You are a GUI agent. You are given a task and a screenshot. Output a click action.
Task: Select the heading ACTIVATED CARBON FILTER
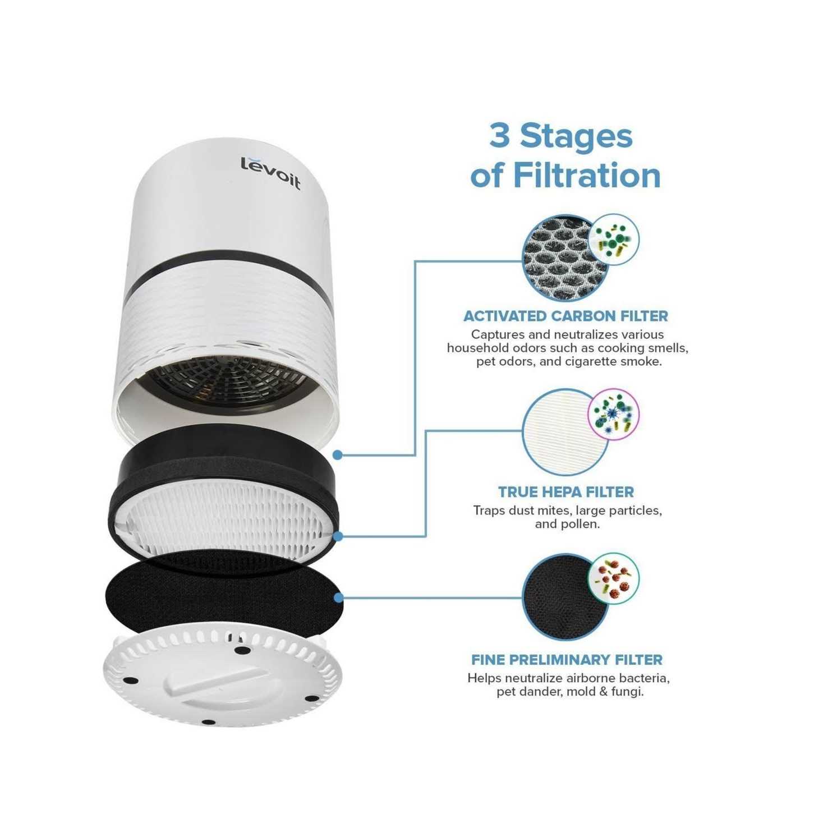566,316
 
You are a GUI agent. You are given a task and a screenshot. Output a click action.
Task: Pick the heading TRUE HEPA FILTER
566,492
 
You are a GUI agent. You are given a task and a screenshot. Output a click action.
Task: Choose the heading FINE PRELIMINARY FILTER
567,659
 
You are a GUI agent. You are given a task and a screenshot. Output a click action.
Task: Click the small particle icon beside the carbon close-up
614,240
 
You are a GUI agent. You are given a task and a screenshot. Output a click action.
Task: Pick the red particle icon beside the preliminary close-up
614,579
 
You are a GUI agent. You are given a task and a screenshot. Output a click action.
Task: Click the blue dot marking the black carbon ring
338,456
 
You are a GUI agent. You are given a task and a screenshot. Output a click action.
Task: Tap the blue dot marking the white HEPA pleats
338,536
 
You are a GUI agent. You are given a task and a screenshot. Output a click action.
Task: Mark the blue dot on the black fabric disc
339,597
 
